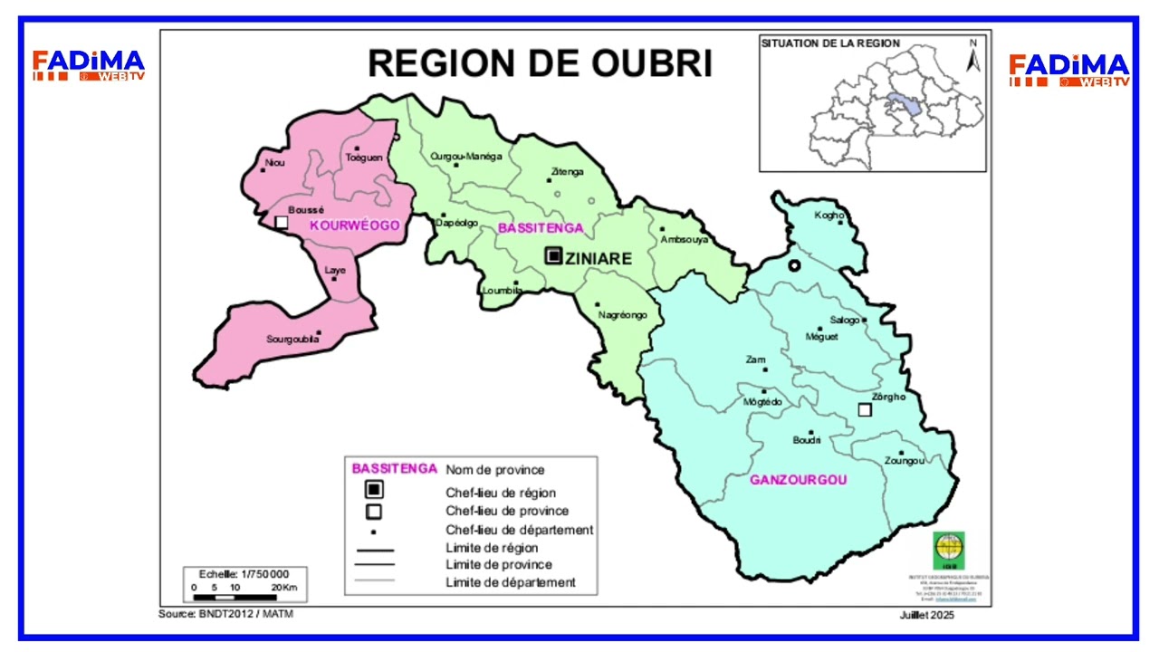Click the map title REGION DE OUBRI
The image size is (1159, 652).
[x=540, y=63]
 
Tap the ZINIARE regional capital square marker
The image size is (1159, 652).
[x=552, y=256]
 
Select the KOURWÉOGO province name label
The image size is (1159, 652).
[x=354, y=225]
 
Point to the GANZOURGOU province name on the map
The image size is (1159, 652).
[x=798, y=480]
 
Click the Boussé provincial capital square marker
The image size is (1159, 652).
[x=282, y=222]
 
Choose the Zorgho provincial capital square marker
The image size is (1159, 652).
[x=865, y=410]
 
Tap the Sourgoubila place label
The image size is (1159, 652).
[x=292, y=340]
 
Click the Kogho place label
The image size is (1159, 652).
[x=829, y=216]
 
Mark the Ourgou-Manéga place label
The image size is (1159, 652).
[x=465, y=157]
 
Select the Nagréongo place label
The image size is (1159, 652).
[x=622, y=315]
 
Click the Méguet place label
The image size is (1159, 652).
[x=821, y=337]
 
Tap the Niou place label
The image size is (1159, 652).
[x=273, y=164]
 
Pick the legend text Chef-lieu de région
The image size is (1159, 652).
[x=501, y=493]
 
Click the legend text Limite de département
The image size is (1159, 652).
[x=511, y=582]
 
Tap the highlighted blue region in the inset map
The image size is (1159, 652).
[x=905, y=103]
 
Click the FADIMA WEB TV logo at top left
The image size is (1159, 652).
[x=88, y=66]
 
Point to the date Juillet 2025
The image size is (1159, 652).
[x=926, y=615]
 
